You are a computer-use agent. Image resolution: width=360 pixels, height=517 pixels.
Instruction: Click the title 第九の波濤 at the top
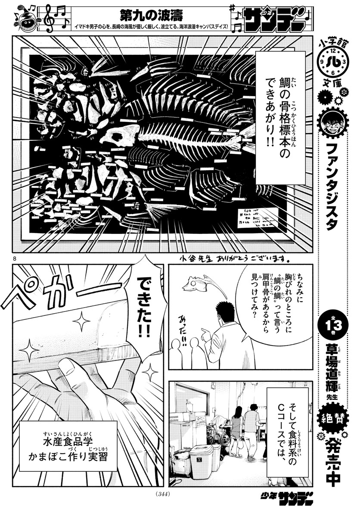[x=151, y=14]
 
